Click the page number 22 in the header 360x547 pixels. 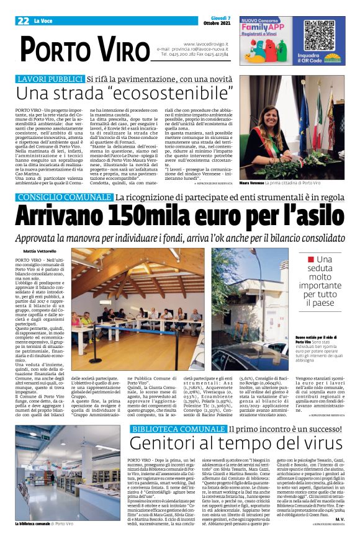click(x=24, y=21)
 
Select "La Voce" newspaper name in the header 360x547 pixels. click(x=45, y=21)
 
